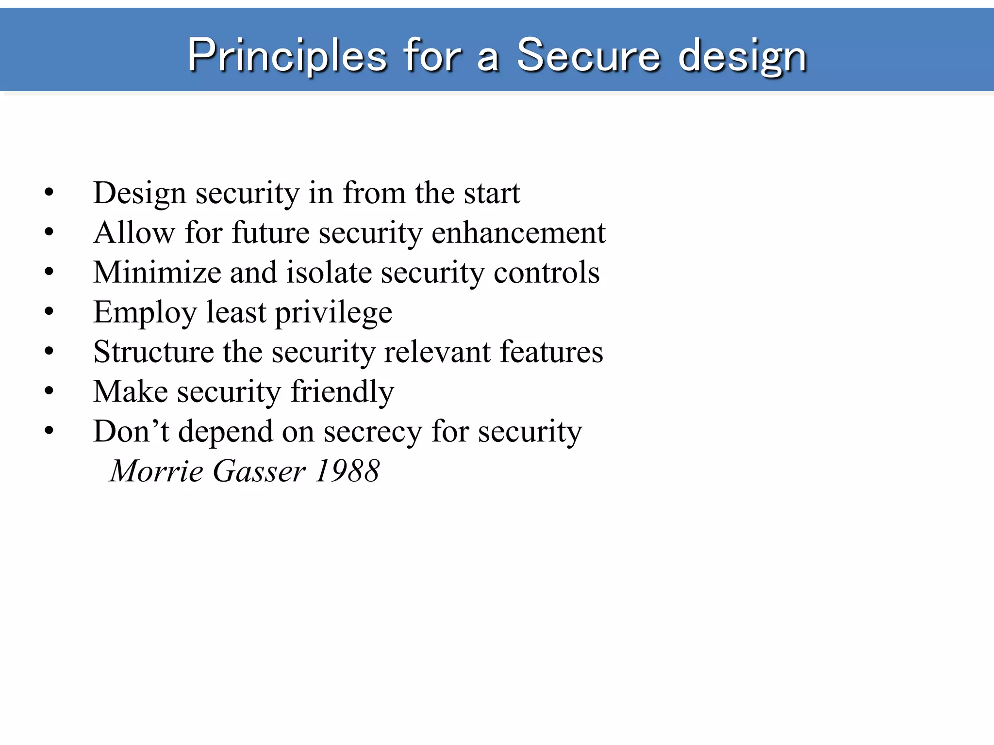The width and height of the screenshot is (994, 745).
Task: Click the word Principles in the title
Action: tap(287, 56)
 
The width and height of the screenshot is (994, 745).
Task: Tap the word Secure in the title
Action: tap(588, 56)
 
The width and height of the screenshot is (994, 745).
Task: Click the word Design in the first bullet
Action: tap(140, 194)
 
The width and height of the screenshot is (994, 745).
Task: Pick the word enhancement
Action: tap(518, 233)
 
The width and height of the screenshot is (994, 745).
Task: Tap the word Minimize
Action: tap(157, 273)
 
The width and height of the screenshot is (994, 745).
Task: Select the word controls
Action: tap(547, 273)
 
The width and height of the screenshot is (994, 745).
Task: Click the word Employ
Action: tap(145, 313)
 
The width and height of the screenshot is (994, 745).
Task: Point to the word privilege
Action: tap(334, 313)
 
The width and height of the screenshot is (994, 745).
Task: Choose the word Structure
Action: tap(153, 352)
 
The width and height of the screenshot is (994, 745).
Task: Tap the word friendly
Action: tap(342, 392)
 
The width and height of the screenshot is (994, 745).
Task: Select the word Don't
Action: tap(131, 431)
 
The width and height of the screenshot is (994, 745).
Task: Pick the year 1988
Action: tap(347, 471)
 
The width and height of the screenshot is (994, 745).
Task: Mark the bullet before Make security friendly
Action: tap(49, 391)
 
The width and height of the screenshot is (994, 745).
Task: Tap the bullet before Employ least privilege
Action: tap(49, 311)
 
